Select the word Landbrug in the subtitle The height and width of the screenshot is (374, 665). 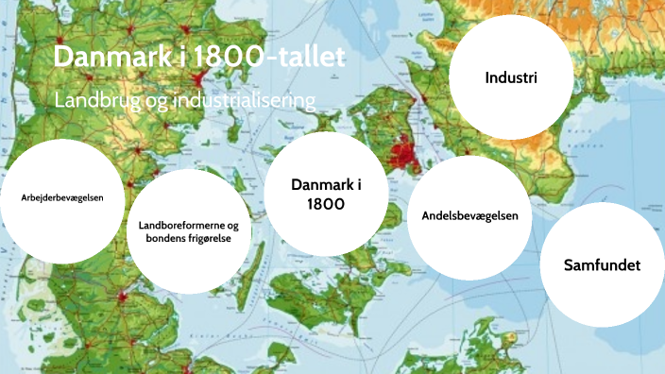click(x=92, y=99)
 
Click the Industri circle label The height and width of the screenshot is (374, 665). click(x=511, y=77)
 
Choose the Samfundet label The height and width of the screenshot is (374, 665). click(x=602, y=264)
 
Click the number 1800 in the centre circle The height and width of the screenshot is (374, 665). click(x=326, y=203)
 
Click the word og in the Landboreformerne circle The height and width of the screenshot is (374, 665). click(x=232, y=227)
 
